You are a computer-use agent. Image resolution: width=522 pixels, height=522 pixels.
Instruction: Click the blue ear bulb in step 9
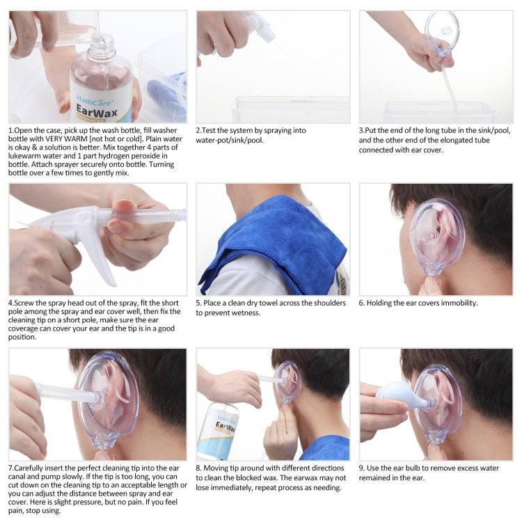click(396, 400)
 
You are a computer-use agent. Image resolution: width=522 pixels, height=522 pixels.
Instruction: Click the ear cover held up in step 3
click(443, 32)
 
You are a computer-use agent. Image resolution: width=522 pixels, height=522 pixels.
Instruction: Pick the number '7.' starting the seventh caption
click(13, 468)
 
